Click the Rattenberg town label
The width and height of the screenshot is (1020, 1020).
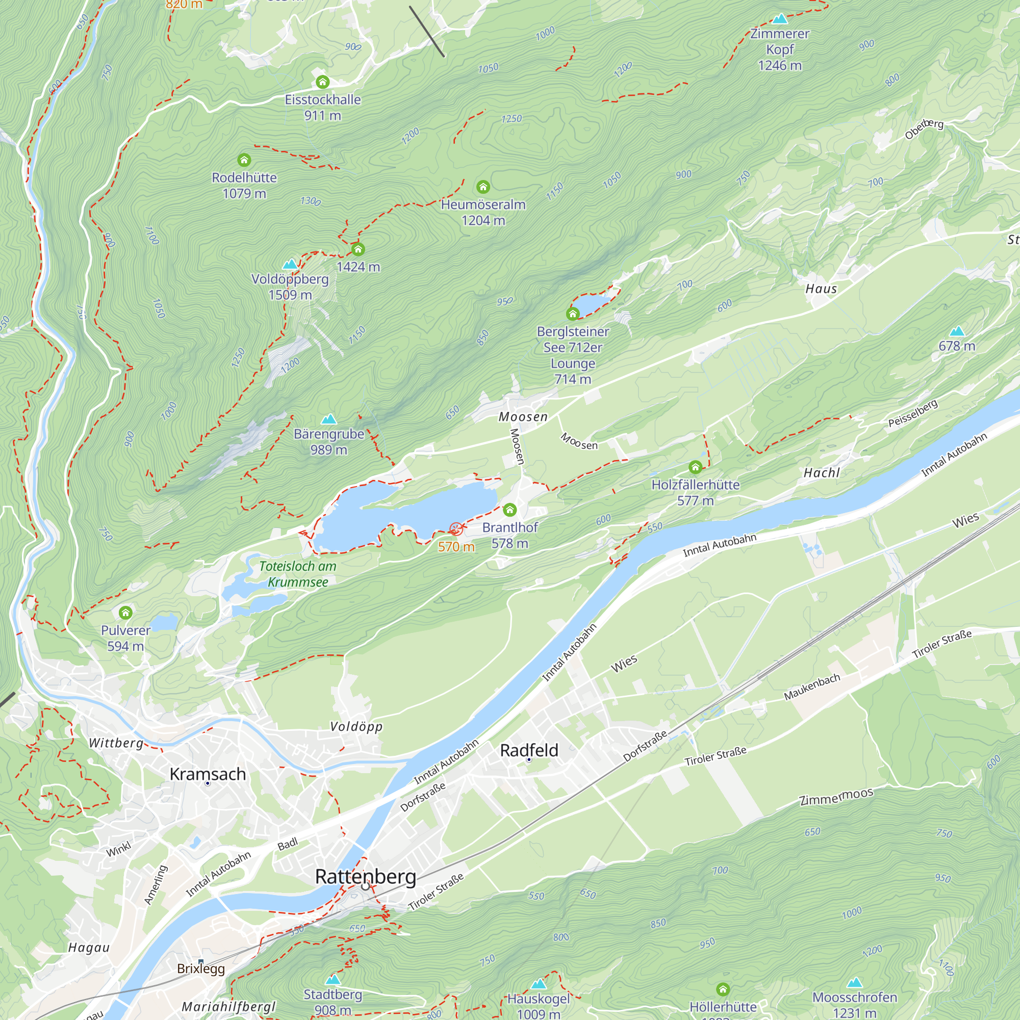point(365,876)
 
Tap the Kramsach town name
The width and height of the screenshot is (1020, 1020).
point(208,774)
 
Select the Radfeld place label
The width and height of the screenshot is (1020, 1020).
point(528,750)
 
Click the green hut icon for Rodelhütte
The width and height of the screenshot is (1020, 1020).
point(244,160)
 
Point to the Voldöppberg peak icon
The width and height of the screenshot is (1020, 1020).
point(290,264)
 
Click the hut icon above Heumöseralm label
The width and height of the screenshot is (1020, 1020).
point(482,186)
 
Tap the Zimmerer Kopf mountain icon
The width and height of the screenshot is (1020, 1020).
point(779,19)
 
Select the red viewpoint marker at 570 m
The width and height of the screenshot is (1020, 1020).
point(455,528)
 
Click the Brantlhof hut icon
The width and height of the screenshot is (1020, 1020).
point(509,509)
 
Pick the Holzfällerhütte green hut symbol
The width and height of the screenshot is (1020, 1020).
point(695,467)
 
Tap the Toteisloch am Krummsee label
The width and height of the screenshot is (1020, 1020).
point(298,574)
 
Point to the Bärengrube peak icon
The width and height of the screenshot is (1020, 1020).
point(329,419)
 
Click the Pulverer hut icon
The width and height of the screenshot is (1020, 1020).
point(125,613)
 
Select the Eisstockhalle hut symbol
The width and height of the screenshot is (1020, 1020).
point(323,82)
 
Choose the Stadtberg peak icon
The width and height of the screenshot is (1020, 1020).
point(333,980)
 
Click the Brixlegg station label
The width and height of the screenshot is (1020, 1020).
point(200,969)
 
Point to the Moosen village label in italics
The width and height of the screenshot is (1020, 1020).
point(523,417)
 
